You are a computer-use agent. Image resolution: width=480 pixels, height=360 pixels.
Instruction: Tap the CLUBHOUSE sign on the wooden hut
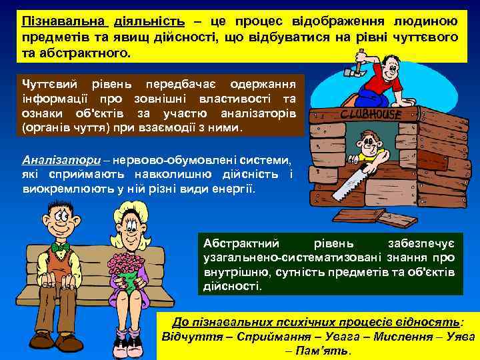click(371, 115)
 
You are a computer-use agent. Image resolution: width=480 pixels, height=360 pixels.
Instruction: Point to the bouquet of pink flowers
click(127, 267)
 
